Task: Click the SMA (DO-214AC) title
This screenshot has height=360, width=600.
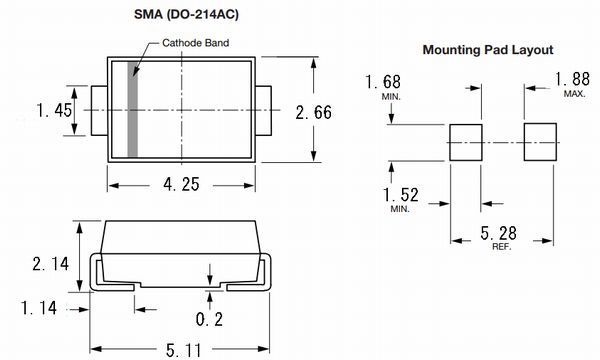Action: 186,15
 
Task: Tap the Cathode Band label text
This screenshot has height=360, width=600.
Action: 196,43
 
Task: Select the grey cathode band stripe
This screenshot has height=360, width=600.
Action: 132,109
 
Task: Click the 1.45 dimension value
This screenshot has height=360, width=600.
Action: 54,110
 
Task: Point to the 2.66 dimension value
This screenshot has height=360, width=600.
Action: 313,112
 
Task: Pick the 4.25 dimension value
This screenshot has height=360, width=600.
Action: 181,184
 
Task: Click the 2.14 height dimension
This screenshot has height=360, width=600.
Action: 51,264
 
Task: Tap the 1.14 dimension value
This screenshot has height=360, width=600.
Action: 39,308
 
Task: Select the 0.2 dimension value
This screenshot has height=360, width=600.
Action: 209,319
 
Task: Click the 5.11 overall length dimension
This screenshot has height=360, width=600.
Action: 184,350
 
